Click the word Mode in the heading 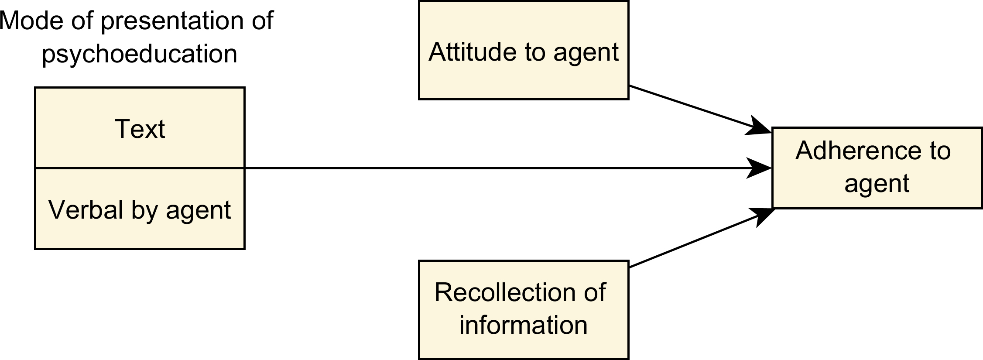tap(32, 21)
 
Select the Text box tap(140, 128)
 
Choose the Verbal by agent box tap(140, 209)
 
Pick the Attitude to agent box tap(524, 50)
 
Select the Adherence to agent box tap(877, 168)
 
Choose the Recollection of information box tap(524, 310)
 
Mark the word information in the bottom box tap(524, 325)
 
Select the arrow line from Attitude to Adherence tap(700, 109)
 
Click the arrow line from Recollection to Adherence tap(701, 237)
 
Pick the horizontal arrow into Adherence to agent tap(508, 168)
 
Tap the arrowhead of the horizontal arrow tap(759, 168)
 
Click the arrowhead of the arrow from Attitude tap(759, 127)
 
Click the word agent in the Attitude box tap(586, 53)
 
